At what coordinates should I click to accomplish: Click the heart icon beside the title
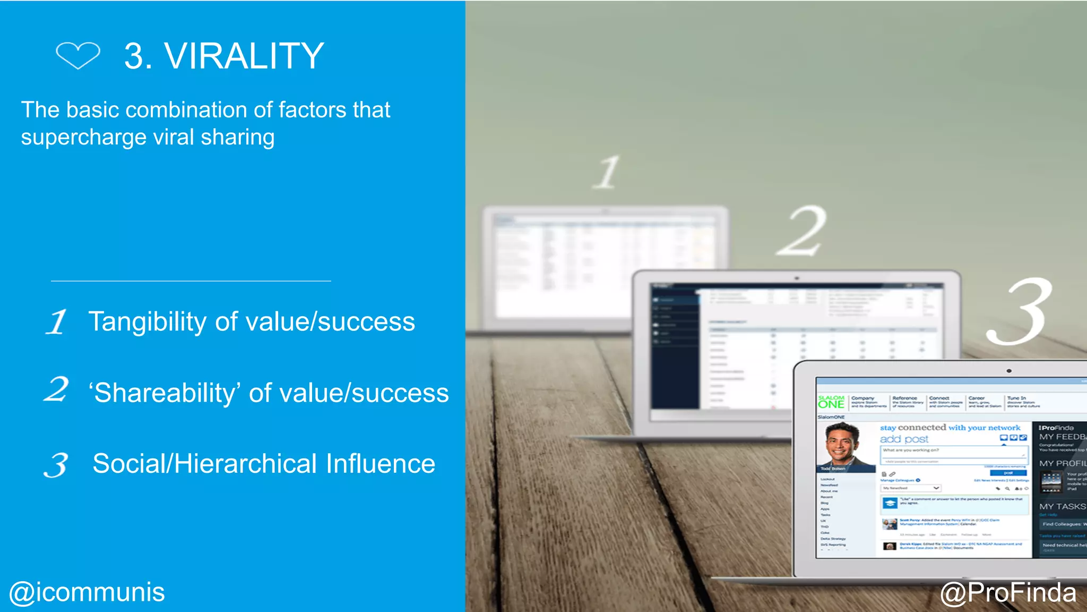[78, 55]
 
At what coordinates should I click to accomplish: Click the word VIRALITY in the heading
[244, 56]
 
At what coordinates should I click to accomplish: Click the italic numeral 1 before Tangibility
[56, 322]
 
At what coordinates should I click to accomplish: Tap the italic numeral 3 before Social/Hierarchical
[56, 465]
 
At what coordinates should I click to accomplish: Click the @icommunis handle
[87, 592]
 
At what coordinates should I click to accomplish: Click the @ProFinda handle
[1008, 592]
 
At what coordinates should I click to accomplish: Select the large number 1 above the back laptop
[607, 172]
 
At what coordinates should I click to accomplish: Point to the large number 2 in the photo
[803, 231]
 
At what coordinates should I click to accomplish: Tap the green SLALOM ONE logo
[831, 402]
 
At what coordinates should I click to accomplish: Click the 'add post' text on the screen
[904, 439]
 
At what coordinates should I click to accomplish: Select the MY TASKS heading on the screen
[1062, 507]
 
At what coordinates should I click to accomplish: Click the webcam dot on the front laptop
[1009, 371]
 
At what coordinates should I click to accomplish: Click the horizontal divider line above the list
[191, 281]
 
